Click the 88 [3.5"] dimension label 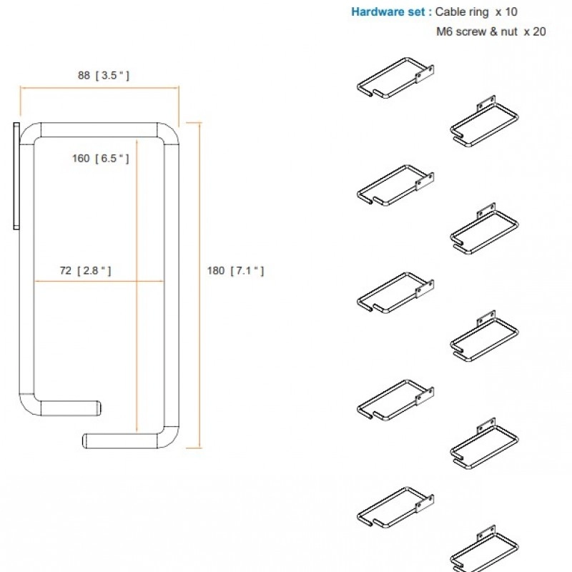[104, 76]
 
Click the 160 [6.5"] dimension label [101, 158]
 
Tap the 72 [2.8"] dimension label [85, 271]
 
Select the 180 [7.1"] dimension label [235, 271]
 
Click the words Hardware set [388, 12]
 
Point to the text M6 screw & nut [477, 31]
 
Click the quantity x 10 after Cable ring [506, 12]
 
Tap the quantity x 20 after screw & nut [535, 31]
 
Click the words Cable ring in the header [462, 12]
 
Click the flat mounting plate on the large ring [16, 176]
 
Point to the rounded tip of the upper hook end [99, 408]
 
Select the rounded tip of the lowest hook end [85, 440]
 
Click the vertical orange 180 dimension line [200, 285]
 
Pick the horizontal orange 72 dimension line [99, 281]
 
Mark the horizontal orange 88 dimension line [99, 87]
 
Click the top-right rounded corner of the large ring [172, 130]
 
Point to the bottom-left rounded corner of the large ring [26, 408]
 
